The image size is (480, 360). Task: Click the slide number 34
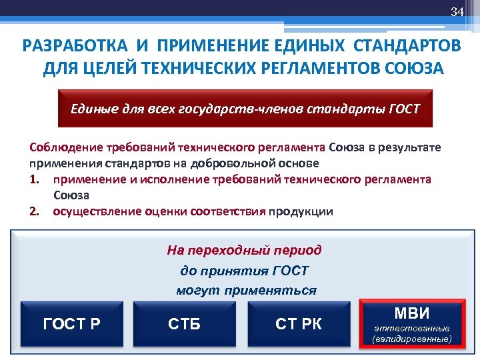tap(457, 12)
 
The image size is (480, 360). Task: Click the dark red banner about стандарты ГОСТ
tap(246, 108)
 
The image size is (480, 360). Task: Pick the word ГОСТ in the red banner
tap(404, 108)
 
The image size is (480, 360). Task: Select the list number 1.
tap(34, 179)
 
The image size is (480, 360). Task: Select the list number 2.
tap(34, 212)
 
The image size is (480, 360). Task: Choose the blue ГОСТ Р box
tap(72, 325)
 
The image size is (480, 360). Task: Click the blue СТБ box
tap(185, 325)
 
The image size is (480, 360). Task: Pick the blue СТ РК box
tap(299, 325)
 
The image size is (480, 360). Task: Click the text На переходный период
tap(244, 251)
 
